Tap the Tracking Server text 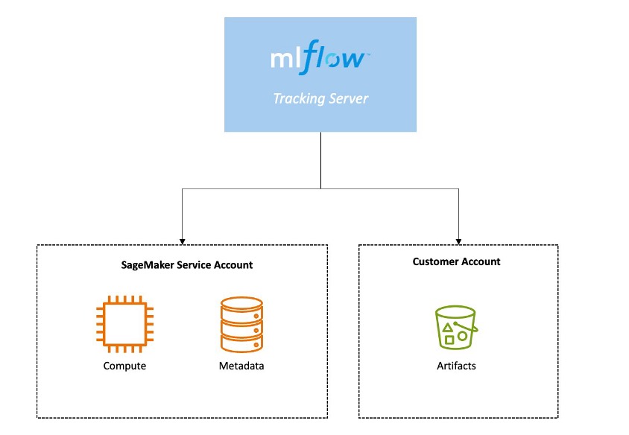pyautogui.click(x=320, y=98)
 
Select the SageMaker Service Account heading pyautogui.click(x=187, y=264)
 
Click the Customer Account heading pyautogui.click(x=457, y=261)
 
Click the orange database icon pyautogui.click(x=241, y=325)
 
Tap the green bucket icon pyautogui.click(x=456, y=328)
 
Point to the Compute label pyautogui.click(x=124, y=366)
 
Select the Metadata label pyautogui.click(x=241, y=366)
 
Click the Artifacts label pyautogui.click(x=456, y=366)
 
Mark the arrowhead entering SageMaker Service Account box pyautogui.click(x=183, y=241)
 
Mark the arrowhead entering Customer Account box pyautogui.click(x=458, y=241)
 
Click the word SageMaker pyautogui.click(x=148, y=264)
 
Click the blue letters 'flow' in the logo pyautogui.click(x=335, y=59)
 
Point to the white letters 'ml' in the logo pyautogui.click(x=285, y=59)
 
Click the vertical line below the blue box pyautogui.click(x=320, y=160)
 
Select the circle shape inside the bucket pyautogui.click(x=463, y=335)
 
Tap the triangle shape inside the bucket pyautogui.click(x=447, y=327)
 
